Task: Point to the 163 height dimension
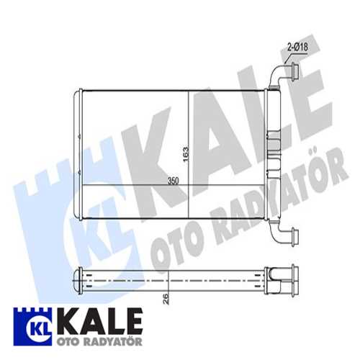click(x=186, y=152)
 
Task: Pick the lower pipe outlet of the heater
click(x=287, y=235)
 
